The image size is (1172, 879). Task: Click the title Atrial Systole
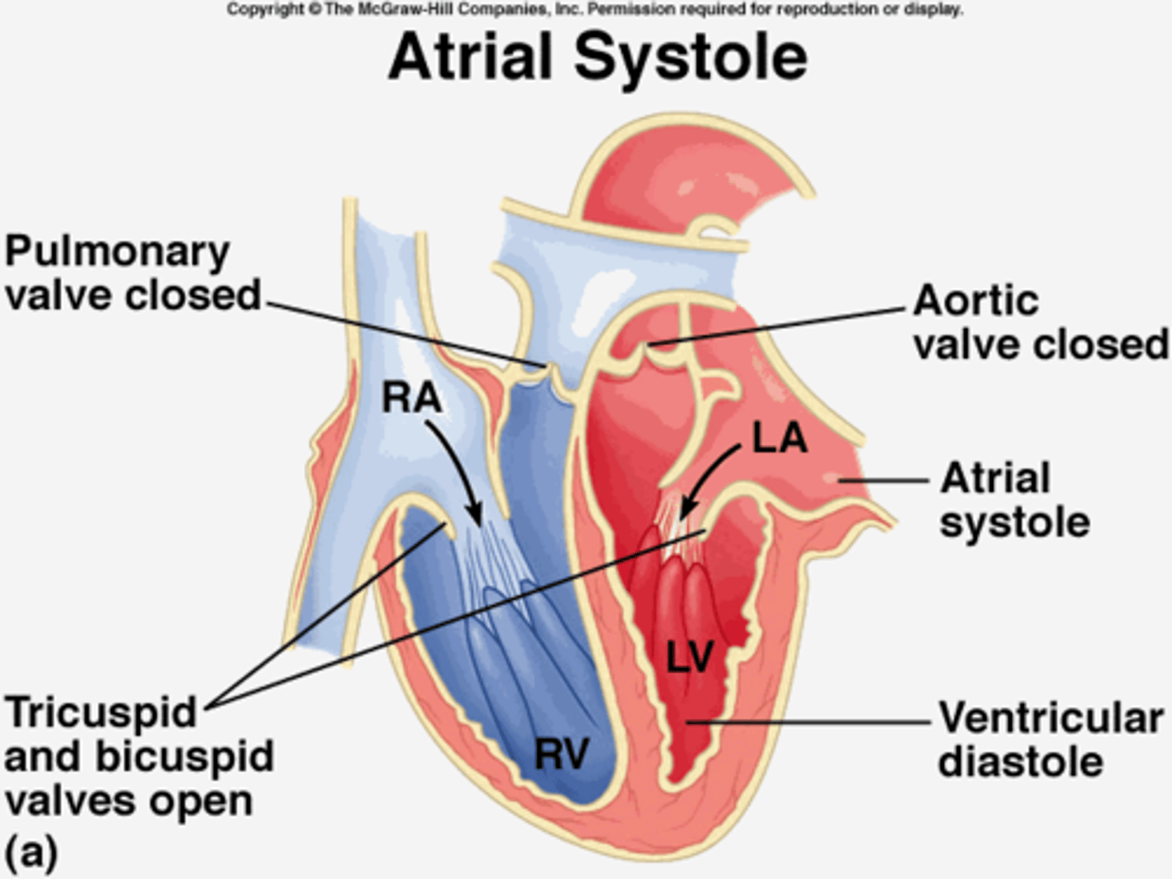click(x=598, y=57)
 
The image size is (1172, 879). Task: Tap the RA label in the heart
click(x=412, y=398)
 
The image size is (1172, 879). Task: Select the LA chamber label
click(x=780, y=439)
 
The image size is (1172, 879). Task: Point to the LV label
click(x=689, y=657)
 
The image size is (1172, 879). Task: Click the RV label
click(x=562, y=754)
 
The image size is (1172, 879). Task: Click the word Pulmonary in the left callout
click(x=117, y=252)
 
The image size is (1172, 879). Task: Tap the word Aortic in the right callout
click(x=976, y=300)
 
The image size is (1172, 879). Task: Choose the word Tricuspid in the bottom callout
click(x=101, y=713)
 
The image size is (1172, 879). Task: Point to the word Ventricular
click(x=1051, y=718)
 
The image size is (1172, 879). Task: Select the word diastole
click(x=1021, y=763)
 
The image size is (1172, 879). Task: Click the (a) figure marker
click(x=31, y=853)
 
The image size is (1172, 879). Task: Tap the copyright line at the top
click(x=594, y=10)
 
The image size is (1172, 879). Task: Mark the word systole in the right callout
click(x=1015, y=522)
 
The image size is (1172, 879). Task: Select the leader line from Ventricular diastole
click(x=814, y=721)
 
